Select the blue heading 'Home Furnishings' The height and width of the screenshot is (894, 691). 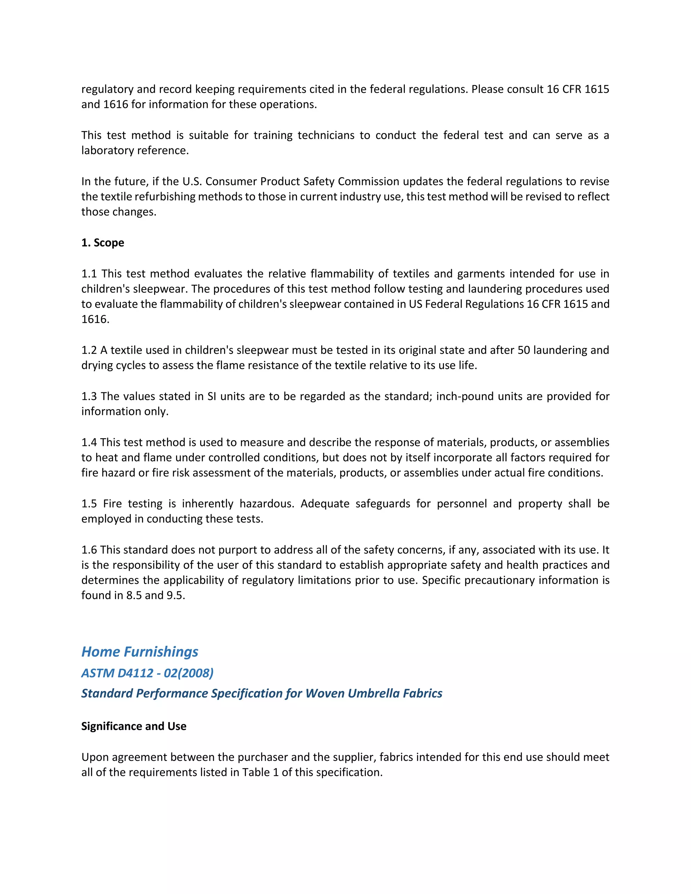(x=140, y=652)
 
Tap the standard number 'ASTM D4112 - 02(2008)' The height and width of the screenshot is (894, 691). (x=147, y=673)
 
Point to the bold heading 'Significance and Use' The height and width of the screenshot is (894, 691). (x=134, y=726)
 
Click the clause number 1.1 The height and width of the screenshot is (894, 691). (x=89, y=274)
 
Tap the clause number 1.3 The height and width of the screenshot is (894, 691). (x=89, y=396)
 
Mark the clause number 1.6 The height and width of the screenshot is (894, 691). (x=89, y=550)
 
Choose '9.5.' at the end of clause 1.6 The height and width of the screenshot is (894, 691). (x=175, y=595)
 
